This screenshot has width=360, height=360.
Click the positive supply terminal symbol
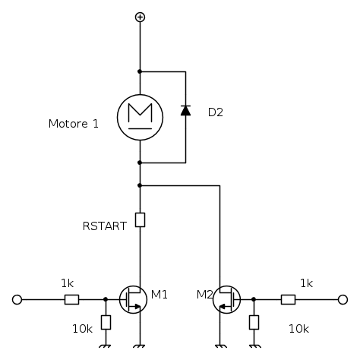(x=140, y=17)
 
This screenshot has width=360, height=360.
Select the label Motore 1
(x=74, y=124)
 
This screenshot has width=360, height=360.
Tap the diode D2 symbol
(x=185, y=111)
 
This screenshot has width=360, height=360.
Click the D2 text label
(x=216, y=112)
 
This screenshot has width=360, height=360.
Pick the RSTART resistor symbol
(x=140, y=219)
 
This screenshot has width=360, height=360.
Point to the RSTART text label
(x=105, y=226)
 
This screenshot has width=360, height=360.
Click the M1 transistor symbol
(x=133, y=300)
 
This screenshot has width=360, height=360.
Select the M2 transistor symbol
(x=227, y=300)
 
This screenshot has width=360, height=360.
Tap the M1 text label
(x=159, y=295)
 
